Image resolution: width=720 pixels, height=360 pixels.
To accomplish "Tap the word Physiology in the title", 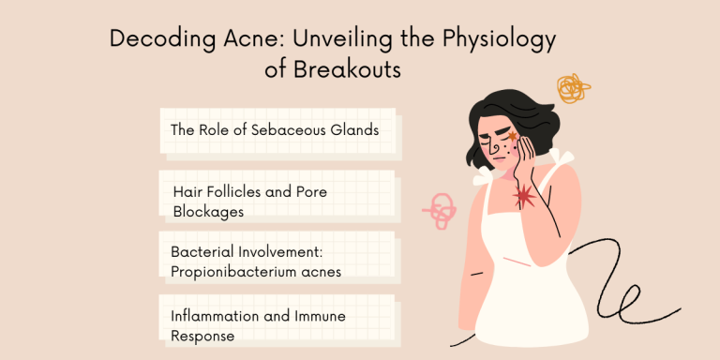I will pos(510,40).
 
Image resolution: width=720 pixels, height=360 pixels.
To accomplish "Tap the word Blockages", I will pos(208,211).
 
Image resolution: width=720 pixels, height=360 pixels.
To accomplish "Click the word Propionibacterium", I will pos(238,272).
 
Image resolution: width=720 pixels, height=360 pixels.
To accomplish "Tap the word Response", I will pos(202,335).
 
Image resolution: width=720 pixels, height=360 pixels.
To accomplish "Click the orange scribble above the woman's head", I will pos(572,89).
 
